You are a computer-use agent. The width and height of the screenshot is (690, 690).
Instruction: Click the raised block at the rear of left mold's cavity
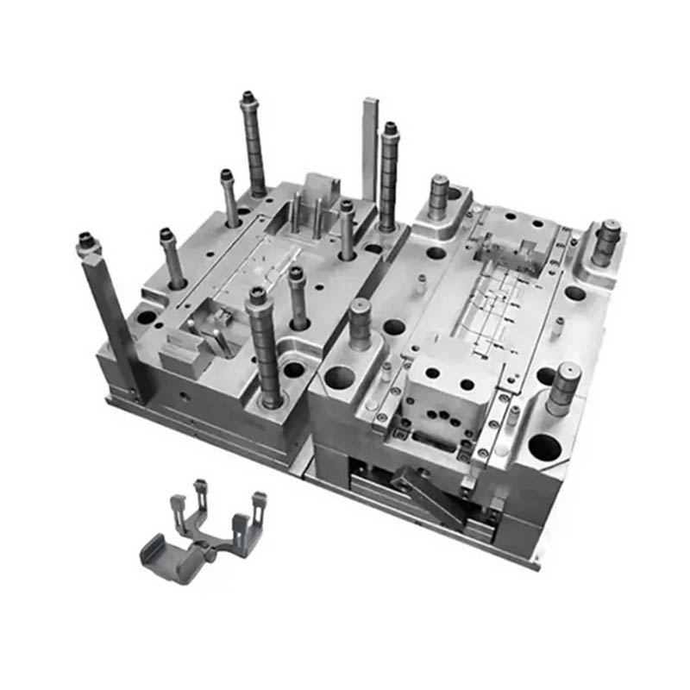tap(322, 190)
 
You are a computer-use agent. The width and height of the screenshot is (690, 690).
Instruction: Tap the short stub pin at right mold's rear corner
tap(438, 195)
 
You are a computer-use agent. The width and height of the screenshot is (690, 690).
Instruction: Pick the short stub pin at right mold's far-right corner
tap(606, 241)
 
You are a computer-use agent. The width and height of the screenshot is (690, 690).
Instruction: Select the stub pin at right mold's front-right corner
tap(562, 387)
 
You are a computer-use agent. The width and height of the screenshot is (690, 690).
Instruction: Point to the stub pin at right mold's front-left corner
tap(360, 323)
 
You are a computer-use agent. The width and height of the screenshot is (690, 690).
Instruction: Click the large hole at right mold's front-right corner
tap(543, 446)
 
